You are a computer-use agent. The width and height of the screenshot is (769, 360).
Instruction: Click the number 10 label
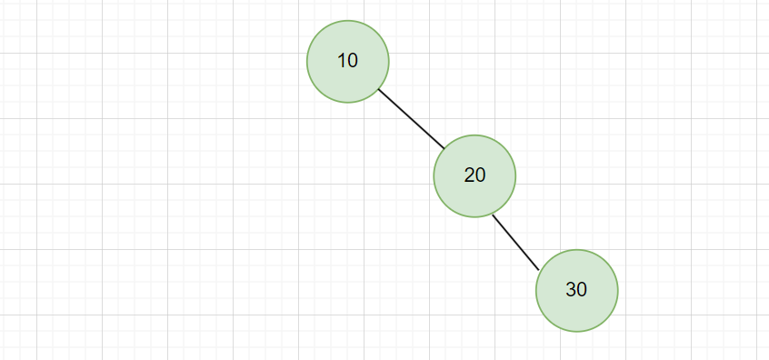(347, 61)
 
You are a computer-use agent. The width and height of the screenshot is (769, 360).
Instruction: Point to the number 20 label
(474, 175)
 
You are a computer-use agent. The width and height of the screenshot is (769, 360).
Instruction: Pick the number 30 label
(576, 290)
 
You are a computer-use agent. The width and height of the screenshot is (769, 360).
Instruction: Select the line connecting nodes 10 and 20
(411, 118)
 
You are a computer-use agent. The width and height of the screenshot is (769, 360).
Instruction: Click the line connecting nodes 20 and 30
(515, 243)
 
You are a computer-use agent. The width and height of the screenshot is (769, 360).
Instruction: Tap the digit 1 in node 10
(342, 61)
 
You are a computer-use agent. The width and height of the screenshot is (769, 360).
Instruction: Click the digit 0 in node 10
(353, 61)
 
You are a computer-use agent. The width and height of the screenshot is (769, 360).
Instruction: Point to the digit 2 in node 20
(469, 175)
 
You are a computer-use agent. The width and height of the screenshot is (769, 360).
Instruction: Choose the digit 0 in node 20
(481, 175)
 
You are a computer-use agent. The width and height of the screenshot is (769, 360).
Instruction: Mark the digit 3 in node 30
(571, 290)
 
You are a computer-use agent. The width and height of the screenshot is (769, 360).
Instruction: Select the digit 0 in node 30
(583, 290)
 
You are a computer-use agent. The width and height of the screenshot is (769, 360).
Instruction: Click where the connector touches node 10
(378, 88)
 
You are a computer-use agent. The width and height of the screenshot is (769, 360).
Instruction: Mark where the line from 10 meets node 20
(444, 148)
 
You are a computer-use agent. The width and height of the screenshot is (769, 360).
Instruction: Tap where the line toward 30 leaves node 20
(492, 214)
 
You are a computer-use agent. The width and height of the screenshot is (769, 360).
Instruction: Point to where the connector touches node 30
(540, 270)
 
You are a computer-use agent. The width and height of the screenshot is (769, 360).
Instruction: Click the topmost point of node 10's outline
(348, 20)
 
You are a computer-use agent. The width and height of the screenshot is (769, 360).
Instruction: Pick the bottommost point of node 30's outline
(576, 332)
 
